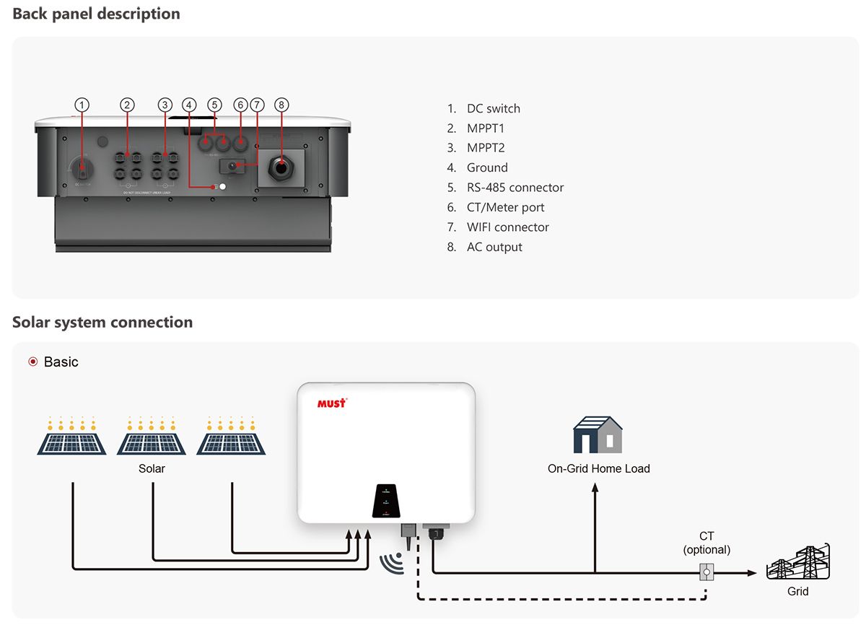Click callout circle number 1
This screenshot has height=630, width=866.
(83, 105)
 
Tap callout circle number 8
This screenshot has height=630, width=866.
(281, 105)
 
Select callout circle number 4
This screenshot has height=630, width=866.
(189, 105)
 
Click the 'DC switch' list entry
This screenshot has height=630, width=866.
(493, 108)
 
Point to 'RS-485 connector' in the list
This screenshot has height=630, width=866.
(515, 188)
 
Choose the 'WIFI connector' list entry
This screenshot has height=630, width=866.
(507, 227)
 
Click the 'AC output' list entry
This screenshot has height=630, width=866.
(494, 247)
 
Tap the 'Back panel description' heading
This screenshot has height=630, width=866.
(96, 14)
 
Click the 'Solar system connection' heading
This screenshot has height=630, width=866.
(102, 322)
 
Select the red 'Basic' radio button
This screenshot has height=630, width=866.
(32, 362)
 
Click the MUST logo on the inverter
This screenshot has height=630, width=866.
(332, 403)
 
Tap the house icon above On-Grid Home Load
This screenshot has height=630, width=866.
(598, 434)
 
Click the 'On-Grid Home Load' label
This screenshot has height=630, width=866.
(598, 468)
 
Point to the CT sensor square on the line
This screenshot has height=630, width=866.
(706, 573)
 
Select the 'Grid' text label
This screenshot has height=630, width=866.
(797, 592)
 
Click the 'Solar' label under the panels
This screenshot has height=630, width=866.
(152, 468)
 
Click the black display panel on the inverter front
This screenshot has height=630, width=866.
(386, 500)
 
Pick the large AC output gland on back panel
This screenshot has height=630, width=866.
(280, 168)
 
